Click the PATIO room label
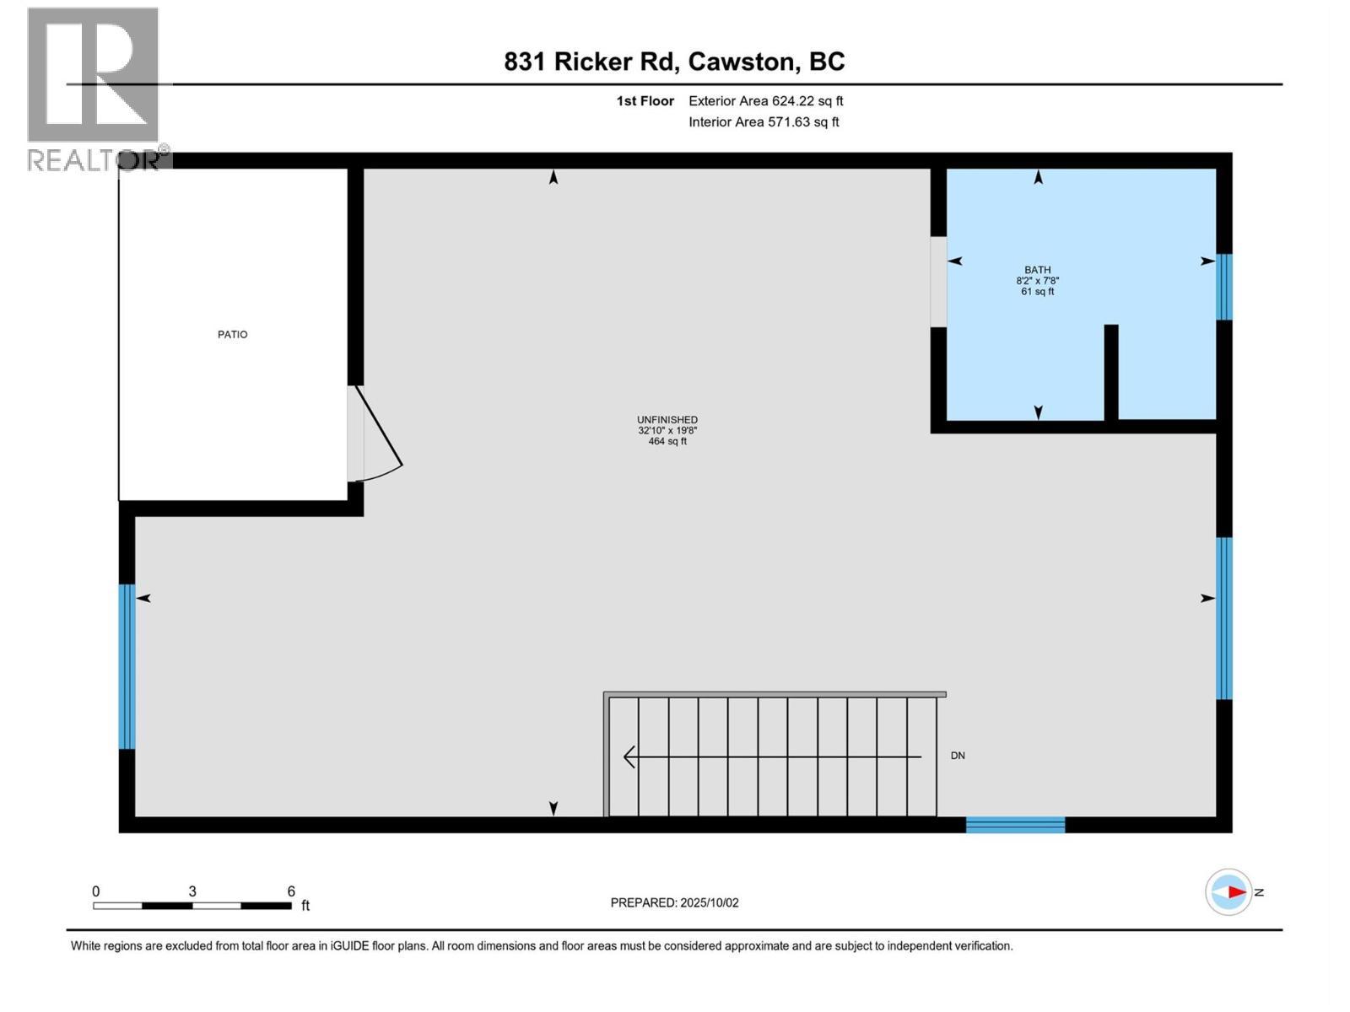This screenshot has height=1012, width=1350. click(x=233, y=335)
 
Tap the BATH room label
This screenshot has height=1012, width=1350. click(x=1038, y=270)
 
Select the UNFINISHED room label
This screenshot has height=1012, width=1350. click(x=667, y=420)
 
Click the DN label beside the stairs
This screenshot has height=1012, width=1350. click(x=958, y=756)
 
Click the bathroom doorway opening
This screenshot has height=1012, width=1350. click(x=938, y=282)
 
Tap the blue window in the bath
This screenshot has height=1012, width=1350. click(x=1223, y=287)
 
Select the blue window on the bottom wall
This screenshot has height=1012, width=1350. click(x=1015, y=825)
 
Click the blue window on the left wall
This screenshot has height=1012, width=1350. click(x=127, y=666)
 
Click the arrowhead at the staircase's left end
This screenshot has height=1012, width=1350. click(x=629, y=757)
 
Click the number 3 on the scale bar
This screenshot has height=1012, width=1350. click(x=192, y=891)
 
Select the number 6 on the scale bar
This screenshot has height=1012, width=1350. click(x=291, y=891)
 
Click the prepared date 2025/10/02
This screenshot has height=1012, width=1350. click(x=709, y=902)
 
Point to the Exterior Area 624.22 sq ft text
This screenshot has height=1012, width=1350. click(x=765, y=101)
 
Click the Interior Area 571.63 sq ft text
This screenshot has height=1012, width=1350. click(x=764, y=122)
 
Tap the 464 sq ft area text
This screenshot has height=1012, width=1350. click(x=667, y=441)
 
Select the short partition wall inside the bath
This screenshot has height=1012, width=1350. click(x=1111, y=372)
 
